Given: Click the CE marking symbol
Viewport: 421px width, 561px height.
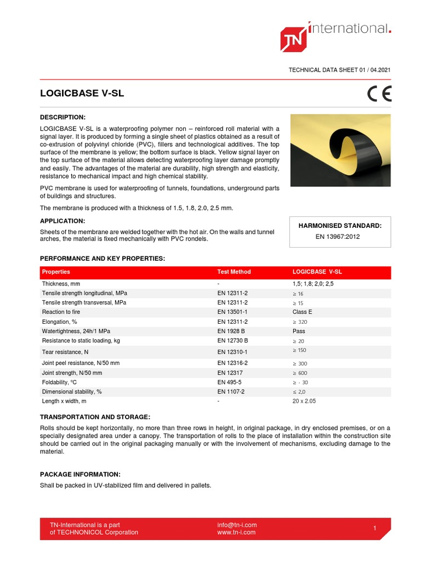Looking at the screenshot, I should [379, 94].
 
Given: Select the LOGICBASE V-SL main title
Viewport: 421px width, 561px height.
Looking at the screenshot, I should [82, 93].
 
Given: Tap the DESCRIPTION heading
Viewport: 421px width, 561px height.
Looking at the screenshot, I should [63, 117].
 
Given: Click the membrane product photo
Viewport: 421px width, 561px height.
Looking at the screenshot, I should [340, 150].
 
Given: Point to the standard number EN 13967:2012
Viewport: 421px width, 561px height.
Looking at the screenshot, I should [338, 237].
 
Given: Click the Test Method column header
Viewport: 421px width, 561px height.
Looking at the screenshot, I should [234, 272].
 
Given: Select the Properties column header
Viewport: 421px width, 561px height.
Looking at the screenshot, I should [56, 272].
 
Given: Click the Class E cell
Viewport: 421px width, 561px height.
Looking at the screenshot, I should [303, 312].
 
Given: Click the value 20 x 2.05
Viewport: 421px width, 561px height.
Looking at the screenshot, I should [304, 401].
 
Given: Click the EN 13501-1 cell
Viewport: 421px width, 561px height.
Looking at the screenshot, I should [232, 312].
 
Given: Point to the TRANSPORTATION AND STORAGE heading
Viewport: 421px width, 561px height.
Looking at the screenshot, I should [95, 417].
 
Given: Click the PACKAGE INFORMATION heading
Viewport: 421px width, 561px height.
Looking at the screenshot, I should [80, 474].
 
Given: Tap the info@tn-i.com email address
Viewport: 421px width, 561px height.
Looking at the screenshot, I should [237, 525].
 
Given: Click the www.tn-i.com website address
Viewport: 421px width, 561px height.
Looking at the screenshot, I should [236, 532].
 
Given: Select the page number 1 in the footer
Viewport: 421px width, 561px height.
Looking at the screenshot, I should [374, 528].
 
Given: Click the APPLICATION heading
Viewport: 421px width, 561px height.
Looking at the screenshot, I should [62, 221].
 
